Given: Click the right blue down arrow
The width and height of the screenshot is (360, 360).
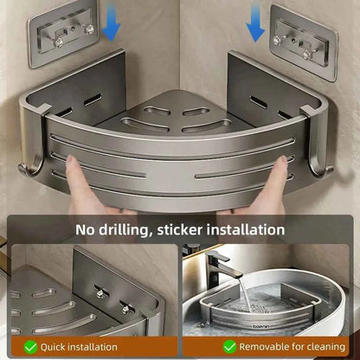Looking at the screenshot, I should pos(254,27).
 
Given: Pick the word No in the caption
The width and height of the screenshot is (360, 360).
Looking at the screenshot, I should pos(85,230).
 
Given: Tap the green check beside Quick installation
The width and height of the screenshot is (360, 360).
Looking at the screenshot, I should pos(31,347).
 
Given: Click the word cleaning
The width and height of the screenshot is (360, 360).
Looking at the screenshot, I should pos(321,347).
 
